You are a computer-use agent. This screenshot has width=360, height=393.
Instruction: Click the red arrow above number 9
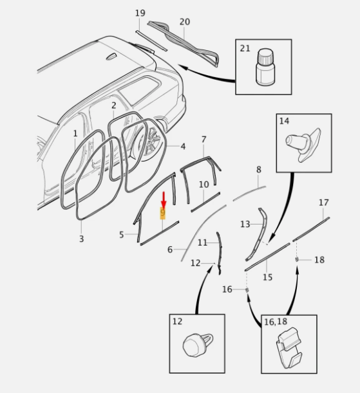point(164,200)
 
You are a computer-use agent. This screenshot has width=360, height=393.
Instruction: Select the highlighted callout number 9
point(163,213)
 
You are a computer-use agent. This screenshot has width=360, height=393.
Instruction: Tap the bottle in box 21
point(265,67)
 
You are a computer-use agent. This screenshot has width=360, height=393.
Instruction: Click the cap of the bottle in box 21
point(265,56)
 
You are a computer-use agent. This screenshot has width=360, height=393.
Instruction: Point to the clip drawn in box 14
point(303,145)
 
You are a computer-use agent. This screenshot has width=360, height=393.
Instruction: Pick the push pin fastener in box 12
point(198,345)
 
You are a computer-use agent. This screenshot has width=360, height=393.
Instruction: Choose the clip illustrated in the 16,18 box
point(289,347)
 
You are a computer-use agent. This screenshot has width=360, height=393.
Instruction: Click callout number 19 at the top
point(140,13)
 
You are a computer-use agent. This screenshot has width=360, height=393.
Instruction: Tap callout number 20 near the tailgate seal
point(185,22)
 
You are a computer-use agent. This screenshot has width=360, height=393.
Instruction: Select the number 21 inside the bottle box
point(245,48)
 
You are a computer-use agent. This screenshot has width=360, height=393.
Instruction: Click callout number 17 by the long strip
point(324,202)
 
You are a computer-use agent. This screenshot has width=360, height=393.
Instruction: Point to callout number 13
point(245,224)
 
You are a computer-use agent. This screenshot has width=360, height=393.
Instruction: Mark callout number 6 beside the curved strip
point(170,250)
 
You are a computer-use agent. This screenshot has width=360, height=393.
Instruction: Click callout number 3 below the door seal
point(81,239)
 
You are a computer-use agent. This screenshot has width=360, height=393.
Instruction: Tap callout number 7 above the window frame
point(204,140)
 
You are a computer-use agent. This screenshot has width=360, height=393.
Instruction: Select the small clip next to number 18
point(297,259)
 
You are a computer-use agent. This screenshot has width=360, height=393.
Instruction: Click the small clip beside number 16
point(247,290)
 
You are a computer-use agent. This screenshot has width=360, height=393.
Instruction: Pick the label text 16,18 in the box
point(276,322)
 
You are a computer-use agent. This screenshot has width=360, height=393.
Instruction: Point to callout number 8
point(259,170)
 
